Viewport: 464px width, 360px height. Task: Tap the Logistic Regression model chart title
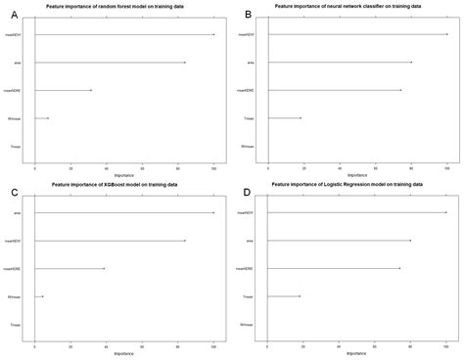coord(348,184)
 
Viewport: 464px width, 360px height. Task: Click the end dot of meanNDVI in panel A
coord(213,35)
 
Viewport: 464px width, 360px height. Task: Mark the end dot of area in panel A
coord(185,63)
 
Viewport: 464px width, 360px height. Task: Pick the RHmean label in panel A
coord(15,118)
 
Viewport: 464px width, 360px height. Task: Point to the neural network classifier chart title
coord(348,8)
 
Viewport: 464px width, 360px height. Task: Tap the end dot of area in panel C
coord(213,212)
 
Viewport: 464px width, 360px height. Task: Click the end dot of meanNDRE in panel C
coord(104,268)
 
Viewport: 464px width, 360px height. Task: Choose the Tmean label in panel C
coord(16,324)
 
